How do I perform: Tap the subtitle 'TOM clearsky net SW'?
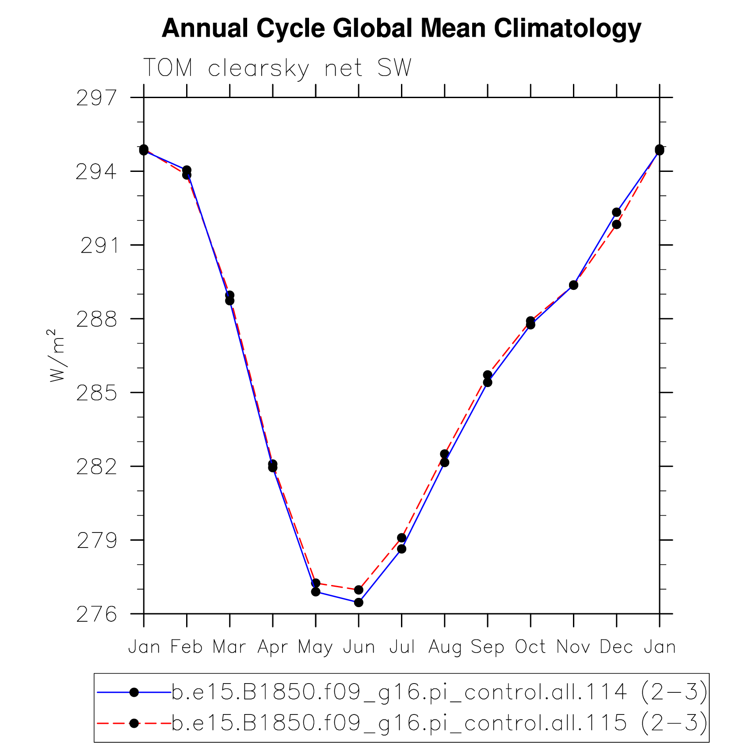[277, 68]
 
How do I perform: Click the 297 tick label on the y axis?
[97, 98]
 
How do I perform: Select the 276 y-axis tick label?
[97, 615]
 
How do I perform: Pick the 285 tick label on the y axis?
[97, 393]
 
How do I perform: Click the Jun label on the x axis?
[359, 647]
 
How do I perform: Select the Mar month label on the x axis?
[229, 647]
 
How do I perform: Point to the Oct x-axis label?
[530, 647]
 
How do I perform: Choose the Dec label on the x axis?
[616, 647]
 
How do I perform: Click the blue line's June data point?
[359, 602]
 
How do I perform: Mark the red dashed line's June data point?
[359, 590]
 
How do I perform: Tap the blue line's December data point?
[616, 212]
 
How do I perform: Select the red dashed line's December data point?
[616, 224]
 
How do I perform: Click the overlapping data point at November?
[573, 285]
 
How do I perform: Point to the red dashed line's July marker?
[401, 538]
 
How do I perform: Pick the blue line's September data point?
[488, 382]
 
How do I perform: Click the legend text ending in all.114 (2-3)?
[439, 692]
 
